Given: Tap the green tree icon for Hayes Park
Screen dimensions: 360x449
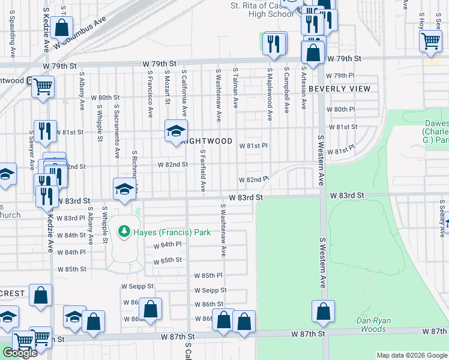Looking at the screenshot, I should tap(124, 231).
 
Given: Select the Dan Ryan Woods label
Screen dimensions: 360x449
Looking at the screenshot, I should tap(373, 325).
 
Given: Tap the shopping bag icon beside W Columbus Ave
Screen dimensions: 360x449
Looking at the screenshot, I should tap(62, 27).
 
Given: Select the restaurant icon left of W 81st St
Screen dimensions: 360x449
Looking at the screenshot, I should tap(44, 130).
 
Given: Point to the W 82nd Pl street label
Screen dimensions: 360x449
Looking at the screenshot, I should tap(253, 179).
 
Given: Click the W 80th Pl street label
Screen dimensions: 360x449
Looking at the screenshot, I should tap(342, 109).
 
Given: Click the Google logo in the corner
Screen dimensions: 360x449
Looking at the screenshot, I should tap(20, 353).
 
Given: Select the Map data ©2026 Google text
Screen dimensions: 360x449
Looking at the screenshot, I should tap(412, 355).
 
